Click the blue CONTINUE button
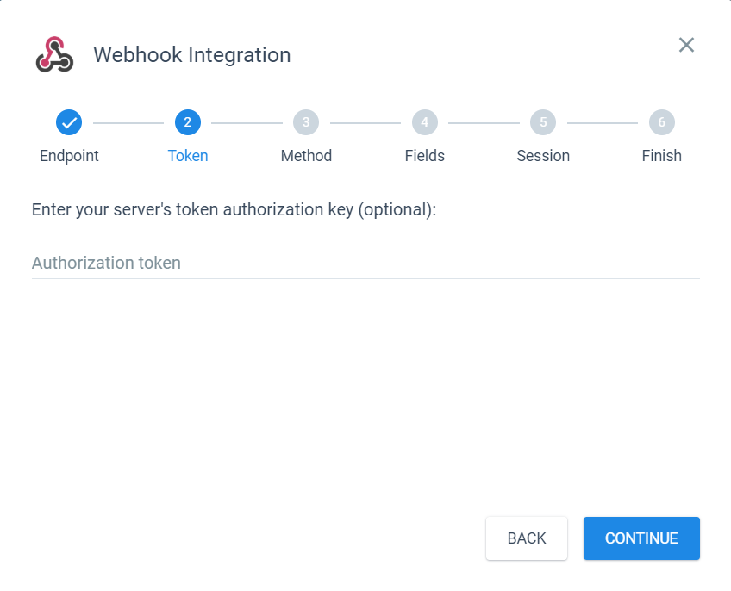pos(641,538)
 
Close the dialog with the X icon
pos(686,45)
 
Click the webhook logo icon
pos(54,54)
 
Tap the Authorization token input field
pos(365,263)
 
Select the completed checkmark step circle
pos(69,122)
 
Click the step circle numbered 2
pos(188,122)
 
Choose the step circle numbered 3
pos(306,122)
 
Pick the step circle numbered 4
pos(425,122)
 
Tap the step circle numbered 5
pos(543,122)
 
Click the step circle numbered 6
pos(662,122)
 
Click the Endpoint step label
pos(69,156)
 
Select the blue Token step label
pos(188,156)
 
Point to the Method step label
pos(306,156)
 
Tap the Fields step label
pos(425,156)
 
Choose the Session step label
pos(543,156)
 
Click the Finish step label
pos(662,156)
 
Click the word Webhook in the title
pos(138,54)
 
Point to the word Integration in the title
pos(240,55)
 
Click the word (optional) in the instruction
pos(397,210)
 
